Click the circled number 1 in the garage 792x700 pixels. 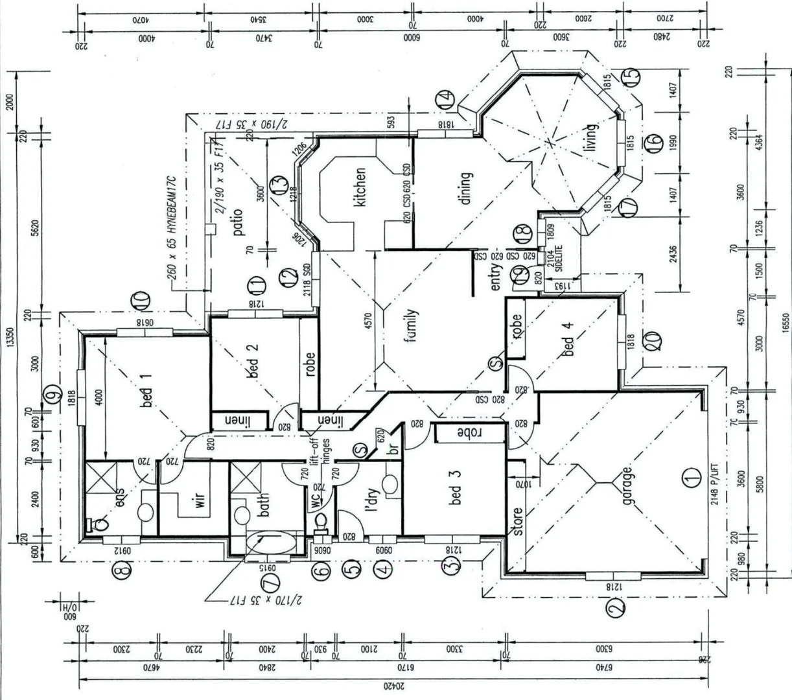tap(692, 478)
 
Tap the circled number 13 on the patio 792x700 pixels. tap(278, 184)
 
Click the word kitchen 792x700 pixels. tap(360, 187)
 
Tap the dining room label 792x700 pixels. tap(465, 188)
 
